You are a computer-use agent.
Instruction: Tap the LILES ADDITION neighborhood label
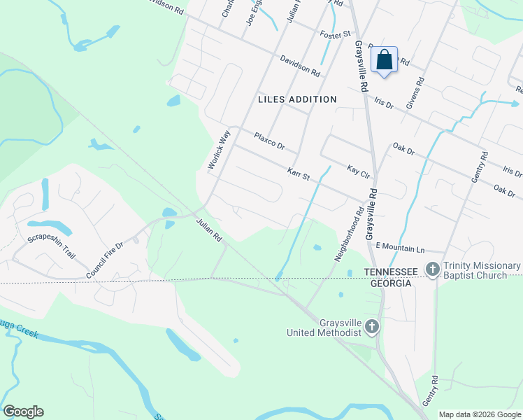point(297,99)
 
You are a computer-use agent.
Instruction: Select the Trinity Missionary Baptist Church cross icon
point(433,269)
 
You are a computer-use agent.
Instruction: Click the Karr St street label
point(299,172)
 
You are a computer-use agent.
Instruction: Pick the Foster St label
point(334,34)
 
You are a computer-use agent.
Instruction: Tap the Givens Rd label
point(420,92)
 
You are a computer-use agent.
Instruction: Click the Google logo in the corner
point(23,412)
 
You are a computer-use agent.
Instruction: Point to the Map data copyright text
point(479,414)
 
